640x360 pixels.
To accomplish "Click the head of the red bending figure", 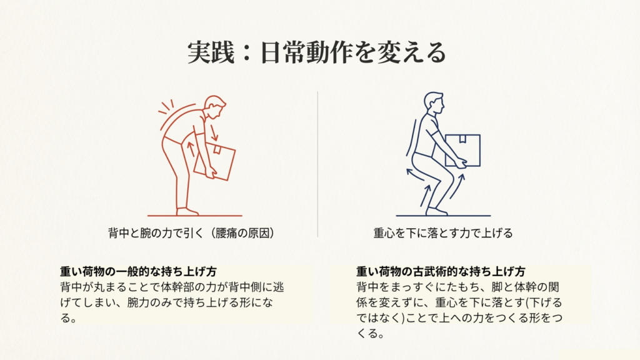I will (x=215, y=107).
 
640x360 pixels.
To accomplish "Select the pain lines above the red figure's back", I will (x=166, y=107).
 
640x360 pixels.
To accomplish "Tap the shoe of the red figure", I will (x=187, y=212).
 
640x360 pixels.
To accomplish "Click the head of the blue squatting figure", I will (x=433, y=102).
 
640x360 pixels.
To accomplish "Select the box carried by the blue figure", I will (x=462, y=150).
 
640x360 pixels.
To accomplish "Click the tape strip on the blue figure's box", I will (x=462, y=140).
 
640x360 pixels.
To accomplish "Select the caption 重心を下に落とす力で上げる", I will (x=443, y=233).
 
